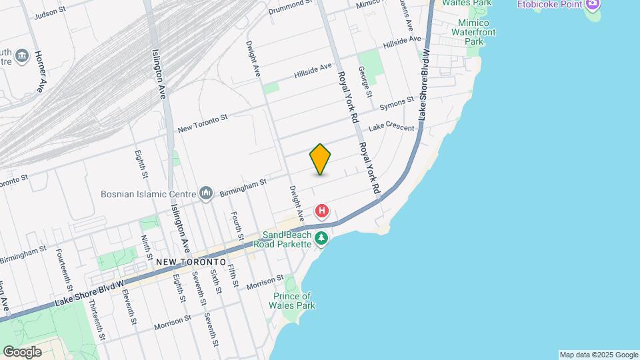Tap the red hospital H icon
pyautogui.click(x=322, y=212)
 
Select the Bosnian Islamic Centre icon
pyautogui.click(x=205, y=194)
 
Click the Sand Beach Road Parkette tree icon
pyautogui.click(x=321, y=238)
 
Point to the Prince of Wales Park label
pyautogui.click(x=293, y=301)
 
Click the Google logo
pyautogui.click(x=22, y=352)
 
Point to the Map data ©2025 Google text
pyautogui.click(x=598, y=355)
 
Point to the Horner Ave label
pyautogui.click(x=40, y=71)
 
